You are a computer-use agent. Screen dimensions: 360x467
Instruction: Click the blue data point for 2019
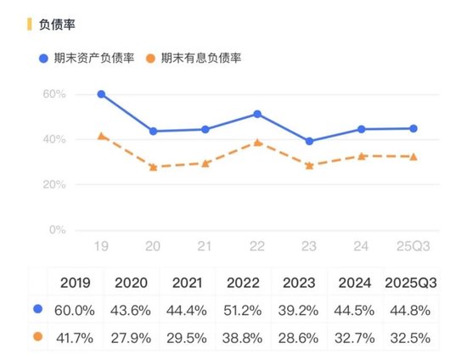[102, 94]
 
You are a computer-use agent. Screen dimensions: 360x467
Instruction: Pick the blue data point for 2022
[257, 114]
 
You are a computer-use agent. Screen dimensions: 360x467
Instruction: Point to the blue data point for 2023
[309, 141]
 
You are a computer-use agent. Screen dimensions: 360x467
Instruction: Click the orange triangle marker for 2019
[102, 136]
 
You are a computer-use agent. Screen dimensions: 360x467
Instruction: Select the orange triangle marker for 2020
[154, 167]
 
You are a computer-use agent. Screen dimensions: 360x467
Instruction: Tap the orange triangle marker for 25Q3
[414, 156]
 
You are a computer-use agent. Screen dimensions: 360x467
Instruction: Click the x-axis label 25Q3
[414, 245]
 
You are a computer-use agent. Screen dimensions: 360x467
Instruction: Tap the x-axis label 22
[257, 245]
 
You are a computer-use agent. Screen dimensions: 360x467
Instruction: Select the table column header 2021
[188, 282]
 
